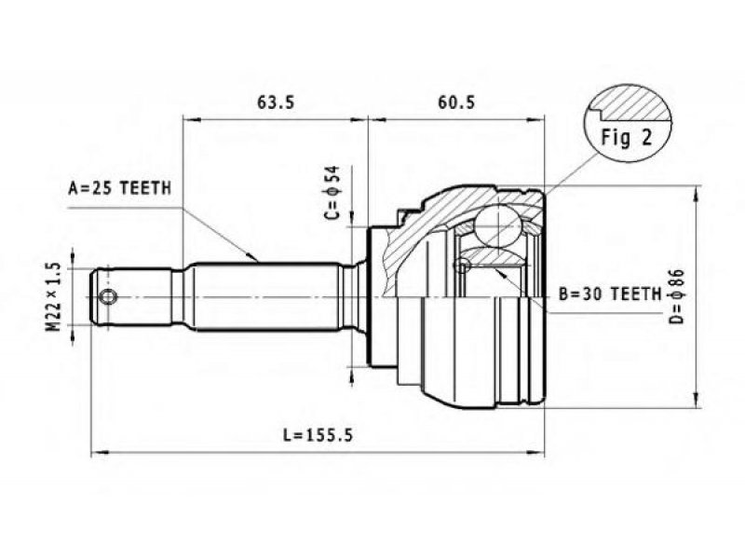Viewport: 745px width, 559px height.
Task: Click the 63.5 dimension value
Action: coord(276,102)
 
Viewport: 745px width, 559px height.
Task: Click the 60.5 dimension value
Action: coord(456,102)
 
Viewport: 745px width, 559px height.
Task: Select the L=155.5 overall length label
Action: coord(318,434)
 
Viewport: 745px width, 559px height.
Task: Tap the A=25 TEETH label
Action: coord(120,188)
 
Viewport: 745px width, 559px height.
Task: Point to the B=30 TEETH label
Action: coord(610,294)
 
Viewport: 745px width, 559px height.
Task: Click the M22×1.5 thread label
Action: coord(54,296)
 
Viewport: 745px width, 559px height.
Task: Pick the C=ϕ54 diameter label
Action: coord(332,193)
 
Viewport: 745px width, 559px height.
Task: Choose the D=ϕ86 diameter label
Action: coord(677,296)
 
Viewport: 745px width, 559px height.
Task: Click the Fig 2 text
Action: coord(627,137)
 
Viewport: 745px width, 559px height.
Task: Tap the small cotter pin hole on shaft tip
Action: coord(108,297)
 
